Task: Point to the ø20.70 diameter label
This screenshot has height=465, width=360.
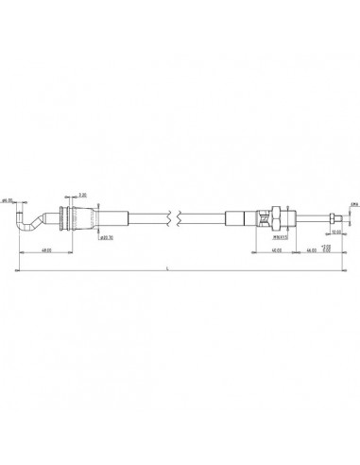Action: tap(108, 236)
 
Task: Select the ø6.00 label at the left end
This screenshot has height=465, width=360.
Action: tap(8, 200)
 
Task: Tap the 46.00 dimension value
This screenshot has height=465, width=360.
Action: tap(310, 250)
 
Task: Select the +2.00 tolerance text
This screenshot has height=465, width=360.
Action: tap(327, 245)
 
